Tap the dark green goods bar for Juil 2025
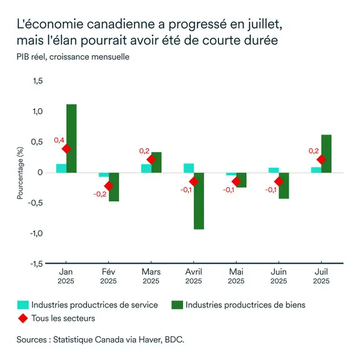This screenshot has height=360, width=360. (326, 153)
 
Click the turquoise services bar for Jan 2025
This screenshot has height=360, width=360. (61, 168)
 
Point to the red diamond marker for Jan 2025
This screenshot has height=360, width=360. (66, 148)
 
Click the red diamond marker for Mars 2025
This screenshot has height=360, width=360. (151, 160)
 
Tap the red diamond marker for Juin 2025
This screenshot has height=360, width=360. (279, 181)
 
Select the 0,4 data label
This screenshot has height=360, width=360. (59, 140)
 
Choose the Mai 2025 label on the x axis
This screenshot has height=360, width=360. (236, 276)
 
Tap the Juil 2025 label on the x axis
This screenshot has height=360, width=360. (321, 276)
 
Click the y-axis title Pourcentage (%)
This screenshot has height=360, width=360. (20, 173)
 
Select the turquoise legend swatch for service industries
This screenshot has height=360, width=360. (23, 305)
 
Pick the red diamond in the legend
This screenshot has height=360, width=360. (23, 319)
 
